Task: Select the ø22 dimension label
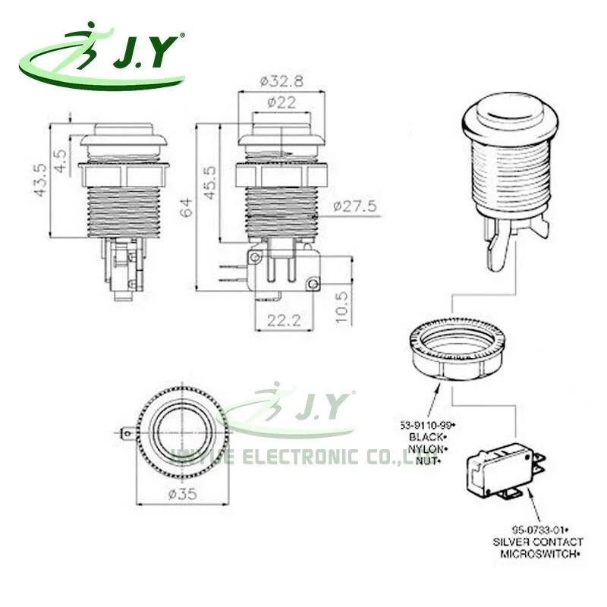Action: (281, 104)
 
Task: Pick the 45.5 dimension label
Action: (208, 181)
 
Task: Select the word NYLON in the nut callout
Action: (429, 448)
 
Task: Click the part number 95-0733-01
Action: (537, 529)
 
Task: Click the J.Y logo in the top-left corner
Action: (102, 57)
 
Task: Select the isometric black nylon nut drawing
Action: (454, 347)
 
